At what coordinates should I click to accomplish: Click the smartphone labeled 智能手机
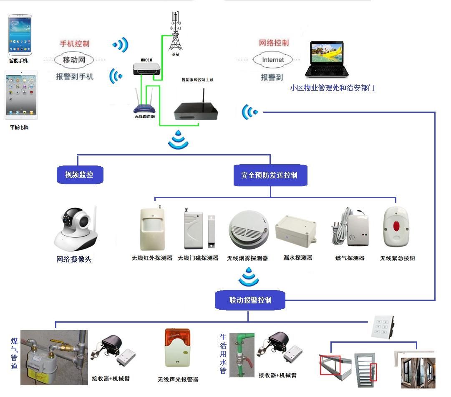click(x=20, y=35)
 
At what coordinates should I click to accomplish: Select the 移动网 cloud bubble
click(x=74, y=60)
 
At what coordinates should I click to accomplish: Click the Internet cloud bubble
click(x=273, y=60)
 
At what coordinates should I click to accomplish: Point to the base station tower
click(x=176, y=31)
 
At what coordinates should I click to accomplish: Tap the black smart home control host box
click(x=196, y=109)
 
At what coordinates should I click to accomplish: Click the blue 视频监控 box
click(x=79, y=175)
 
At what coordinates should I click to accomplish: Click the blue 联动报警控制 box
click(x=250, y=300)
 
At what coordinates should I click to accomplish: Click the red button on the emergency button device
click(x=396, y=227)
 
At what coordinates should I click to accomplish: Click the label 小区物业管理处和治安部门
click(x=333, y=88)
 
